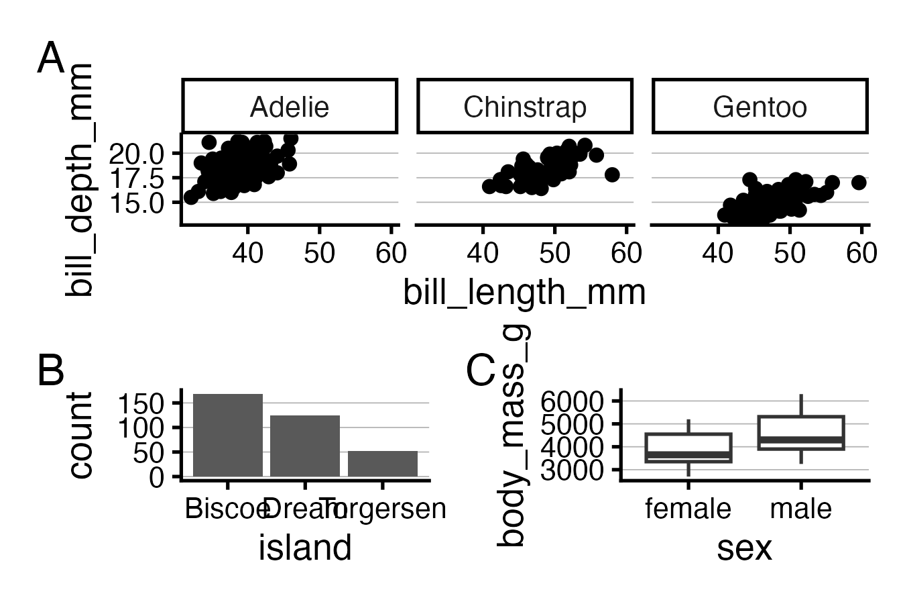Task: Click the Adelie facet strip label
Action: point(290,107)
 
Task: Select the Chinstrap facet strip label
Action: point(525,107)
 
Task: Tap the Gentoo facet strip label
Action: point(760,107)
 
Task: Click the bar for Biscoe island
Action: point(228,435)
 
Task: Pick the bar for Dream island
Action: point(305,446)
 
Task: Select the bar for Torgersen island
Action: point(382,464)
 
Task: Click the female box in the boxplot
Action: point(688,448)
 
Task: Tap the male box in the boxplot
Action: point(801,433)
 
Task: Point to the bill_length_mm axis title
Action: point(524,293)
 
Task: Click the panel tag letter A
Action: point(50,59)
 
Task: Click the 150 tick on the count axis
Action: point(141,403)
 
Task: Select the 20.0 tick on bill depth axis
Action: point(136,154)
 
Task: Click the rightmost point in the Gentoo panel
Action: point(859,182)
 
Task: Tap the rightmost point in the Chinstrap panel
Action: point(611,174)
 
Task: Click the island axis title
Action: point(305,548)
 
